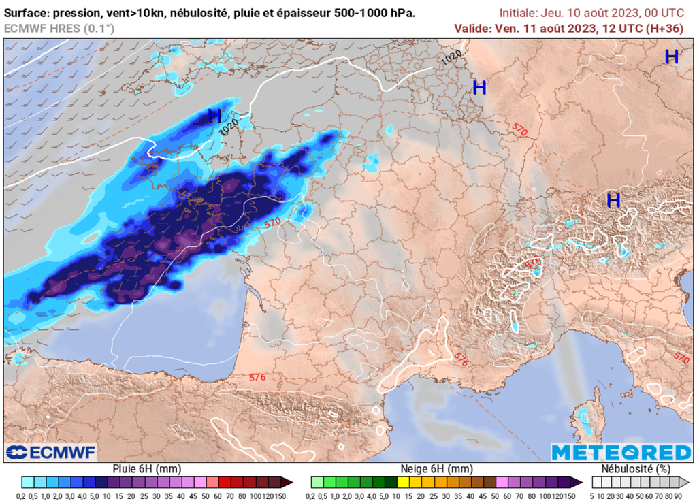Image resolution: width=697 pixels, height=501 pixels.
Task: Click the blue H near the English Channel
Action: tap(214, 116)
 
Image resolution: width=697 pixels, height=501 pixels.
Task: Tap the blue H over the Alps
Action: tap(613, 200)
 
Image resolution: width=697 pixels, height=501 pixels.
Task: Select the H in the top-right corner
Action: tap(671, 57)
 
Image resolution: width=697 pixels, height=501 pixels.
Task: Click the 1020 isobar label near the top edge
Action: tap(451, 58)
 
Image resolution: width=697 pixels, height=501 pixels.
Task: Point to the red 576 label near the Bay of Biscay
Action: tap(257, 376)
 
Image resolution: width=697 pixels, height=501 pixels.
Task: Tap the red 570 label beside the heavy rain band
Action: tap(272, 223)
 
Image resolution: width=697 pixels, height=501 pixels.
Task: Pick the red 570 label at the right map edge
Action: tap(681, 356)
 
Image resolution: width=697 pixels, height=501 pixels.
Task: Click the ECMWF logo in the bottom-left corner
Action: tap(51, 452)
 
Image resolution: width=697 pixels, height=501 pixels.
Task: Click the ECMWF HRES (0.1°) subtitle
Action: tap(59, 28)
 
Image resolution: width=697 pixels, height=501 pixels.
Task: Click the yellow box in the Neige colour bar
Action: tap(403, 482)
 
